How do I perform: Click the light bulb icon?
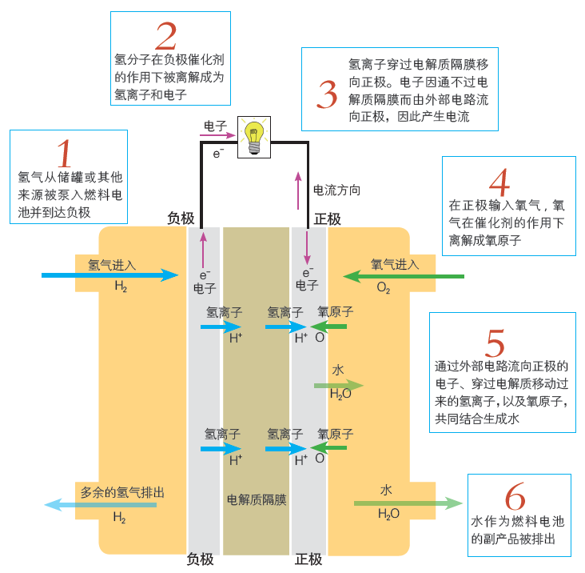point(254,137)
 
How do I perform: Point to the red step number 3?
point(328,94)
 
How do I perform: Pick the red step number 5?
point(496,343)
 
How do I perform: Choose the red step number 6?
point(515,498)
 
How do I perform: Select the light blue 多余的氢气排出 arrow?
point(100,504)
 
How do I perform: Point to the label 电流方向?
point(336,190)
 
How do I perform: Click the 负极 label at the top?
point(180,218)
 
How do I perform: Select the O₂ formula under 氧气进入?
point(384,288)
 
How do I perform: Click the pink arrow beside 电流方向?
point(300,186)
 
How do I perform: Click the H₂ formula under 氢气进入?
point(121,286)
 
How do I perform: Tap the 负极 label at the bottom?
point(200,559)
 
